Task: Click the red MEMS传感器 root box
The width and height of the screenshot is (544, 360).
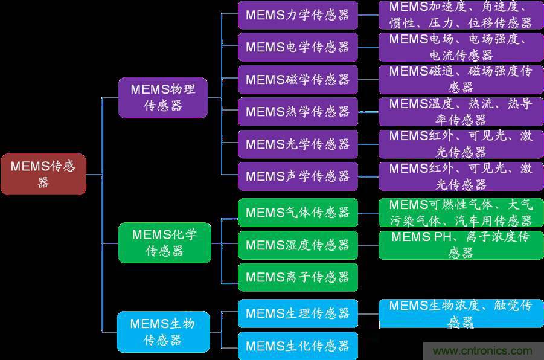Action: (43, 174)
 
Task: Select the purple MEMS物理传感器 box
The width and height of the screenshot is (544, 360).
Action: (162, 97)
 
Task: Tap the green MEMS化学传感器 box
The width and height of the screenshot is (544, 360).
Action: (164, 242)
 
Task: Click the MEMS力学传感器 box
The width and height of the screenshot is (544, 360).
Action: (298, 15)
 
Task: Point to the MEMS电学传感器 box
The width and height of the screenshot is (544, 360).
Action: (298, 47)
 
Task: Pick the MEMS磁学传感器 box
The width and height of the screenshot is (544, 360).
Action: (298, 80)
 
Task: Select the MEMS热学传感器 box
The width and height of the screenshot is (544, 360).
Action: (298, 112)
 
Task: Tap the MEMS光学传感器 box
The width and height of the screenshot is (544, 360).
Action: (298, 144)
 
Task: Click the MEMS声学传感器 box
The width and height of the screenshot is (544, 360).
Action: (298, 176)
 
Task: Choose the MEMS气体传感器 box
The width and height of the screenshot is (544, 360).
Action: (298, 213)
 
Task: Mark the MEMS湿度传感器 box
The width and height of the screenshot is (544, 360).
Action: (298, 245)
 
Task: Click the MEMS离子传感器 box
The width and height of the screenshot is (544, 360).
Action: (298, 277)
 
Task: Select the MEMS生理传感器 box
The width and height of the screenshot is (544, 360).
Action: (298, 313)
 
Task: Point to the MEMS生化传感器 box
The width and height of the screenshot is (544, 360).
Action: (298, 346)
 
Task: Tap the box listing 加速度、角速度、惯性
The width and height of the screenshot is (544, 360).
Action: (461, 15)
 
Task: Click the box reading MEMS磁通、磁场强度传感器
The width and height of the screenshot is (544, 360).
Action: (461, 80)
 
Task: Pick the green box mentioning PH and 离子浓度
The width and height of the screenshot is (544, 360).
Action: (461, 245)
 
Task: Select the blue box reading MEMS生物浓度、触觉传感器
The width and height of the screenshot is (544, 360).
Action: (461, 313)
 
